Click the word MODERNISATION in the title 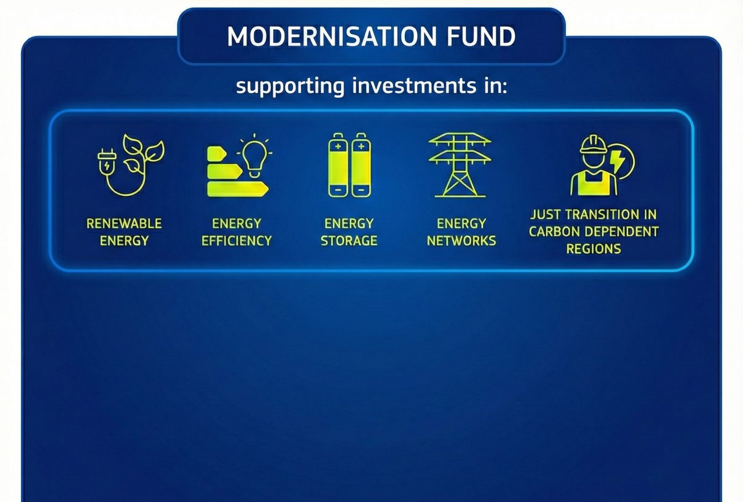tap(332, 36)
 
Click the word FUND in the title tap(481, 36)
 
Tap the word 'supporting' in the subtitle tap(290, 86)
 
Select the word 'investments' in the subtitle tap(414, 85)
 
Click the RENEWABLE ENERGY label tap(124, 232)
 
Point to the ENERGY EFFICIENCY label tap(237, 232)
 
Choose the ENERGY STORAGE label tap(349, 232)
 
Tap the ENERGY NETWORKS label tap(461, 232)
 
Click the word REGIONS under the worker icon tap(593, 249)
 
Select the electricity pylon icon tap(460, 165)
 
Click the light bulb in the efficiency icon tap(254, 156)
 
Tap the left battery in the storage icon tap(338, 165)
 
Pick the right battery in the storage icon tap(361, 165)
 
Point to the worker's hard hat tap(593, 144)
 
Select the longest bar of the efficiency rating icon tap(238, 189)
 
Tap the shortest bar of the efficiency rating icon tap(217, 153)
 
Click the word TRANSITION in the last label tap(603, 214)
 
